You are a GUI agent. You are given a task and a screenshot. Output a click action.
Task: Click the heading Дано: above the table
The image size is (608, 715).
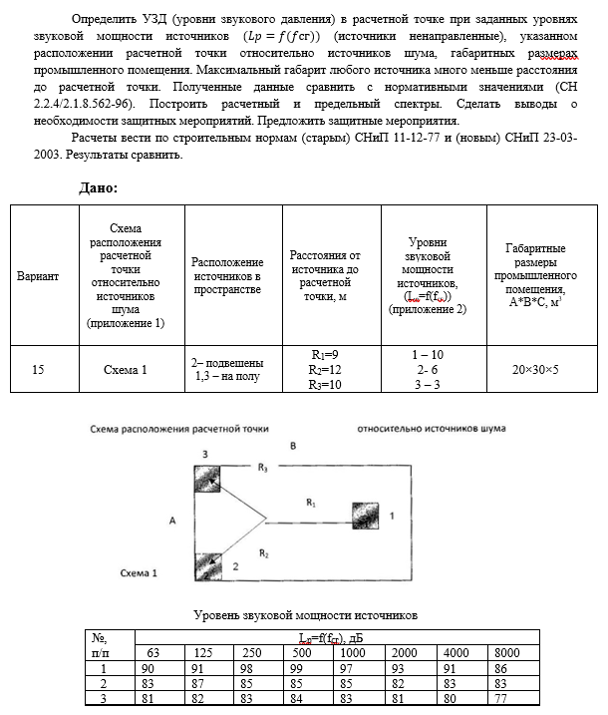click(x=99, y=187)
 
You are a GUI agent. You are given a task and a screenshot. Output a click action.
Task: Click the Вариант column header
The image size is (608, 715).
click(x=38, y=275)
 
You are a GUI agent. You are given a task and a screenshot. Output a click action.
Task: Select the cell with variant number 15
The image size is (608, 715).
click(x=38, y=369)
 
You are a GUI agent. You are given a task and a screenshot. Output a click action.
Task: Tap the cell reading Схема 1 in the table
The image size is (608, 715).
click(x=125, y=369)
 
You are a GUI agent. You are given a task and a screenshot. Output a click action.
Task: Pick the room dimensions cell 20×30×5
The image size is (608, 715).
click(x=535, y=369)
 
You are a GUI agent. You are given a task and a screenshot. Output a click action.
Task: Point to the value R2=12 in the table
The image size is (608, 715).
click(x=325, y=369)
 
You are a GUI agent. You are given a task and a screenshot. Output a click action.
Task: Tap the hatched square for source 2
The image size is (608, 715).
click(x=208, y=564)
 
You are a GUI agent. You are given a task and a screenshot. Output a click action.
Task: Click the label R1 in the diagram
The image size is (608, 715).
click(x=310, y=505)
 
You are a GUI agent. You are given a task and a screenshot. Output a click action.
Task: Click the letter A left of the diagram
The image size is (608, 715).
click(x=172, y=520)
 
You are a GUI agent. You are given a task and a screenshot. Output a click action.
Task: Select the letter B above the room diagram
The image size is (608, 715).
click(x=292, y=446)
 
